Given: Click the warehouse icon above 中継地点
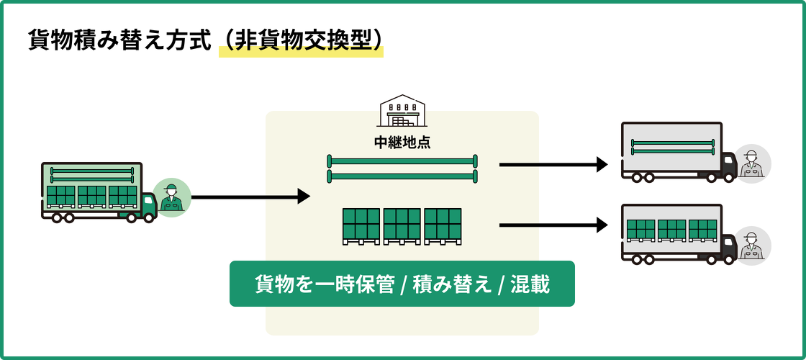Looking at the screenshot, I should (402, 111).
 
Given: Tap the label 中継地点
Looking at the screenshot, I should (402, 142).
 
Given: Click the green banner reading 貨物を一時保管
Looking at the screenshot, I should (324, 284).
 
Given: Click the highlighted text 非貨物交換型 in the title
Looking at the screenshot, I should (302, 40).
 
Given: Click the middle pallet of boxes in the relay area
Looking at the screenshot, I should (402, 225).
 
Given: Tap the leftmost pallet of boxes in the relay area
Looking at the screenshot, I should (361, 225).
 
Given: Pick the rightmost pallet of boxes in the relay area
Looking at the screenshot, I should (443, 225).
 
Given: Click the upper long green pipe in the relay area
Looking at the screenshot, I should (402, 161).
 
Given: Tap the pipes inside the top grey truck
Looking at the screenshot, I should (672, 147).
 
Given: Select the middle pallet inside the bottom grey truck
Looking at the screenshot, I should (671, 230).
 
